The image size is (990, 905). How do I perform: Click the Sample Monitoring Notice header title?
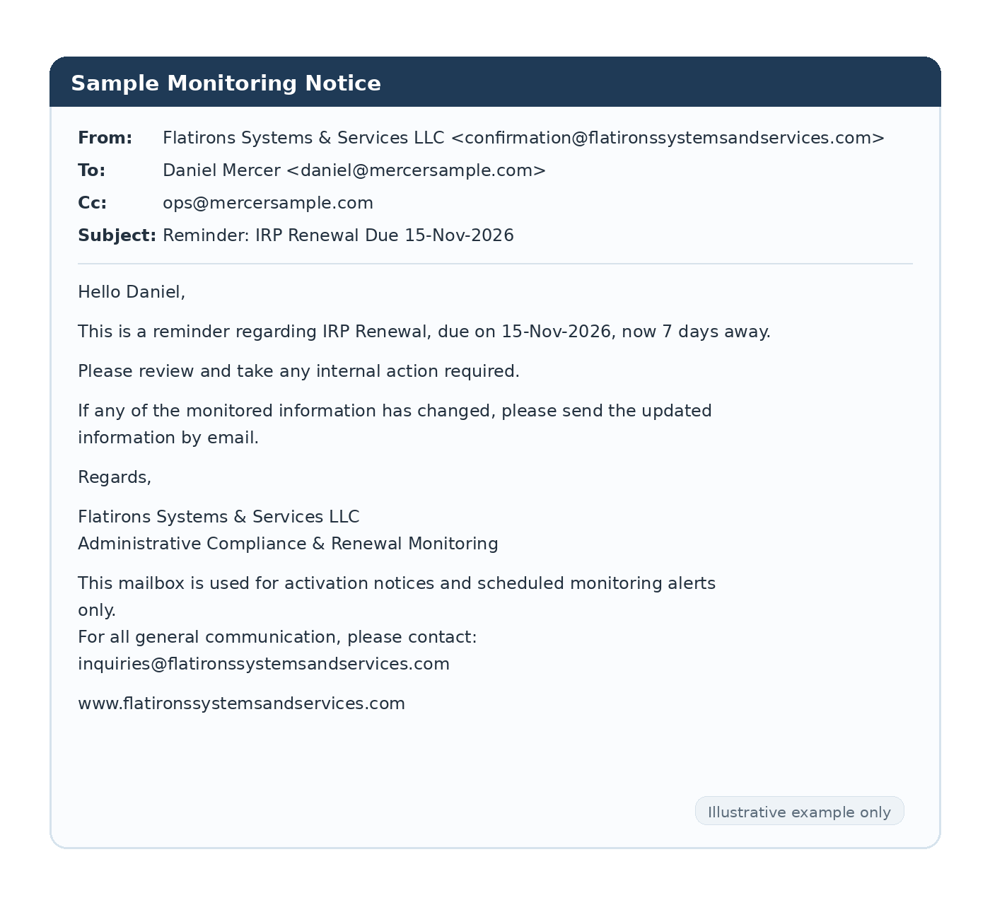226,83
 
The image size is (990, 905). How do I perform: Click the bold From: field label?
105,138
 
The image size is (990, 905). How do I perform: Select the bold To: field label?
91,170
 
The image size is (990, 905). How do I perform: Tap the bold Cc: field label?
92,203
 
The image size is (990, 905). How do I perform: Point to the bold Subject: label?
117,235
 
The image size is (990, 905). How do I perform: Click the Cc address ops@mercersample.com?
268,203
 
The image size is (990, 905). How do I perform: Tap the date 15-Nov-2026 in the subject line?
459,235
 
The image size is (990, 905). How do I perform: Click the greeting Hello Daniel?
132,292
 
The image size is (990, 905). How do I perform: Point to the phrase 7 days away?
716,332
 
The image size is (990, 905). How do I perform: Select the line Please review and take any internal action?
298,371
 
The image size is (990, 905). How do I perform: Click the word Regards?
115,477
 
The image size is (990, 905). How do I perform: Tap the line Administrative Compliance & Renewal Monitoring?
288,544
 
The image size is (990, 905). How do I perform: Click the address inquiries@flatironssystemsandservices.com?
264,664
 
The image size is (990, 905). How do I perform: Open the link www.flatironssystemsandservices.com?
241,703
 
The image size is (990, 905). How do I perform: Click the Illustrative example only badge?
799,812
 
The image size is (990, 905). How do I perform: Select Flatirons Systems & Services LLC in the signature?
219,517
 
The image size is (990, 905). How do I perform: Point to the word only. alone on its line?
97,610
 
